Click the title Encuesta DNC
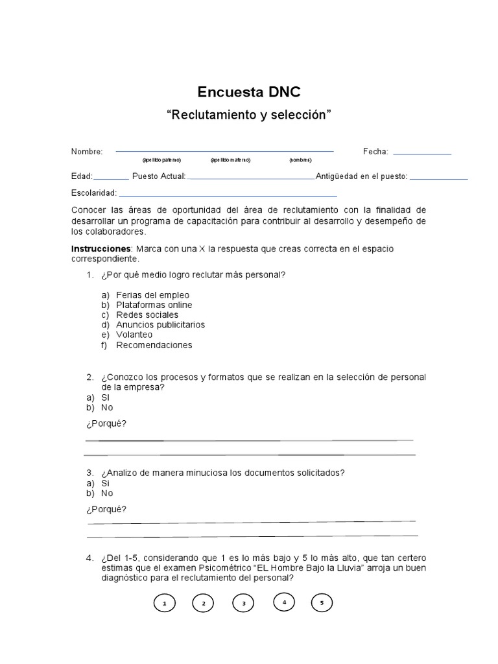pos(249,91)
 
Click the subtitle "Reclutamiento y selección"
pos(249,115)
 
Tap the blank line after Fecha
pos(422,153)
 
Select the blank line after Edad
pos(112,177)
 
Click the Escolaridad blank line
pos(228,195)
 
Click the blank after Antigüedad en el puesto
pos(439,177)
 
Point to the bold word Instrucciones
pos(101,249)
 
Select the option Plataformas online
pos(154,305)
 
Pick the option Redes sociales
pos(147,314)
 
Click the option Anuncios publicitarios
pos(160,324)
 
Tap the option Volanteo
pos(134,335)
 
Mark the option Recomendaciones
pos(154,345)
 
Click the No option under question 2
pos(107,407)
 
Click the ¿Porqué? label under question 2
pos(106,423)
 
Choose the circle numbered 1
pos(165,604)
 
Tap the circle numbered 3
pos(244,604)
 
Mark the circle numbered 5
pos(322,603)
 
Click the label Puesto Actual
pos(159,176)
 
